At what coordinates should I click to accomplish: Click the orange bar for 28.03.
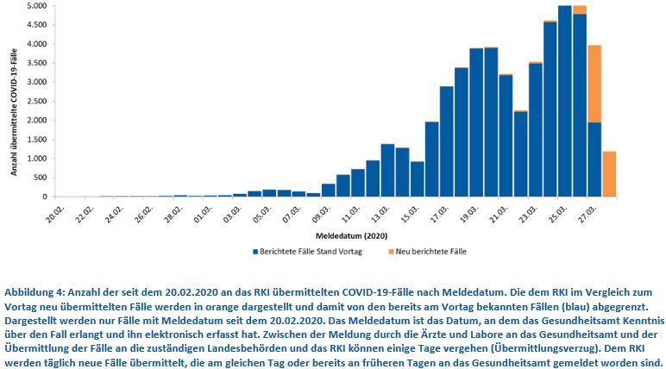(x=609, y=174)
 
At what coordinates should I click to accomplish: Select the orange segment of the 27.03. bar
(x=594, y=83)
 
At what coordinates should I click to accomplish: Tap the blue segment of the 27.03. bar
(x=594, y=159)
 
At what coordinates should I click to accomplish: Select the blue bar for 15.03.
(x=418, y=179)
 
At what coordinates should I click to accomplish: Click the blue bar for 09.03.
(x=329, y=191)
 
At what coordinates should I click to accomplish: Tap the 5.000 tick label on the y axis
(x=35, y=6)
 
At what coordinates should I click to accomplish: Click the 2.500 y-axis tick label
(x=35, y=102)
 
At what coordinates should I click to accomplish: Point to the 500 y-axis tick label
(x=40, y=178)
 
